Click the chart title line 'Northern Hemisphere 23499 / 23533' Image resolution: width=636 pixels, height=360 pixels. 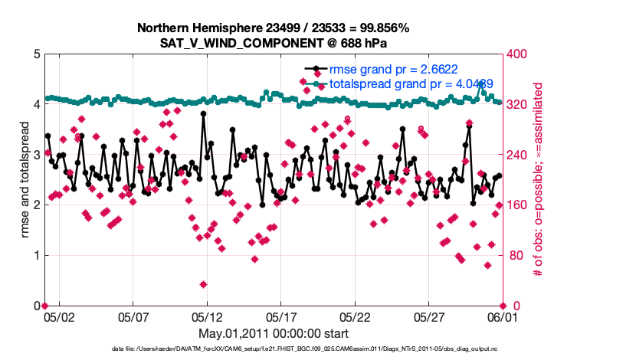click(273, 28)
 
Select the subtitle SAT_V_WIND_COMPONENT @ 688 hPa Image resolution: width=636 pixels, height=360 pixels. click(273, 43)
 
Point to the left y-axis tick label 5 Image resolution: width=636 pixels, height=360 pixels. click(36, 54)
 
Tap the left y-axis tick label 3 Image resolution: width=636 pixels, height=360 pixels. click(36, 155)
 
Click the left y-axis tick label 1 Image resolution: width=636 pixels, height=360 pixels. click(36, 255)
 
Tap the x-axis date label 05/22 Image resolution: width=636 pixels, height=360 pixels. click(356, 316)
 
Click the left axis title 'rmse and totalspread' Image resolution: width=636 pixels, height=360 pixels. click(25, 180)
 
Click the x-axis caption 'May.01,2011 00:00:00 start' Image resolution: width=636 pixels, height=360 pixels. click(273, 333)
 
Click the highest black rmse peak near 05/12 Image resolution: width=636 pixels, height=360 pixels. click(203, 113)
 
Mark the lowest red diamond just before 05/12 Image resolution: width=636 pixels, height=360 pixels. click(203, 284)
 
